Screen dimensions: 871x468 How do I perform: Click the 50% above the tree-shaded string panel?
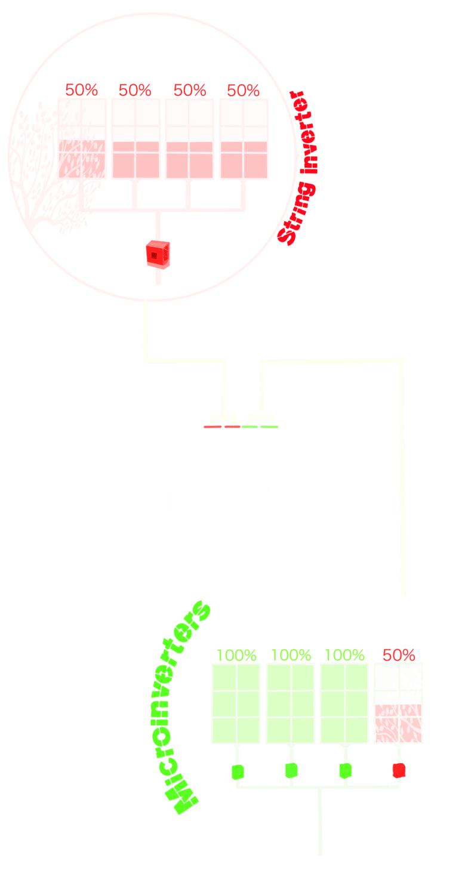(81, 90)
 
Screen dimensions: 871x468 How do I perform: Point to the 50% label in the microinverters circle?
(398, 654)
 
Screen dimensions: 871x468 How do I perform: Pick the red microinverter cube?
(399, 770)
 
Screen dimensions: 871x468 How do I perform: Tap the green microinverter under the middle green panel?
(291, 770)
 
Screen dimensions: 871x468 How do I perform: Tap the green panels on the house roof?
(260, 427)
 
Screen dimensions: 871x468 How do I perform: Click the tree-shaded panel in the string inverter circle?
(82, 138)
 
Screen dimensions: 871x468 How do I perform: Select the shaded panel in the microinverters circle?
(398, 703)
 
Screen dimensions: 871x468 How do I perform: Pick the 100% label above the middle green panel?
(291, 654)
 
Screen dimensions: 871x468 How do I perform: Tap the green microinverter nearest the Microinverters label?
(238, 771)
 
